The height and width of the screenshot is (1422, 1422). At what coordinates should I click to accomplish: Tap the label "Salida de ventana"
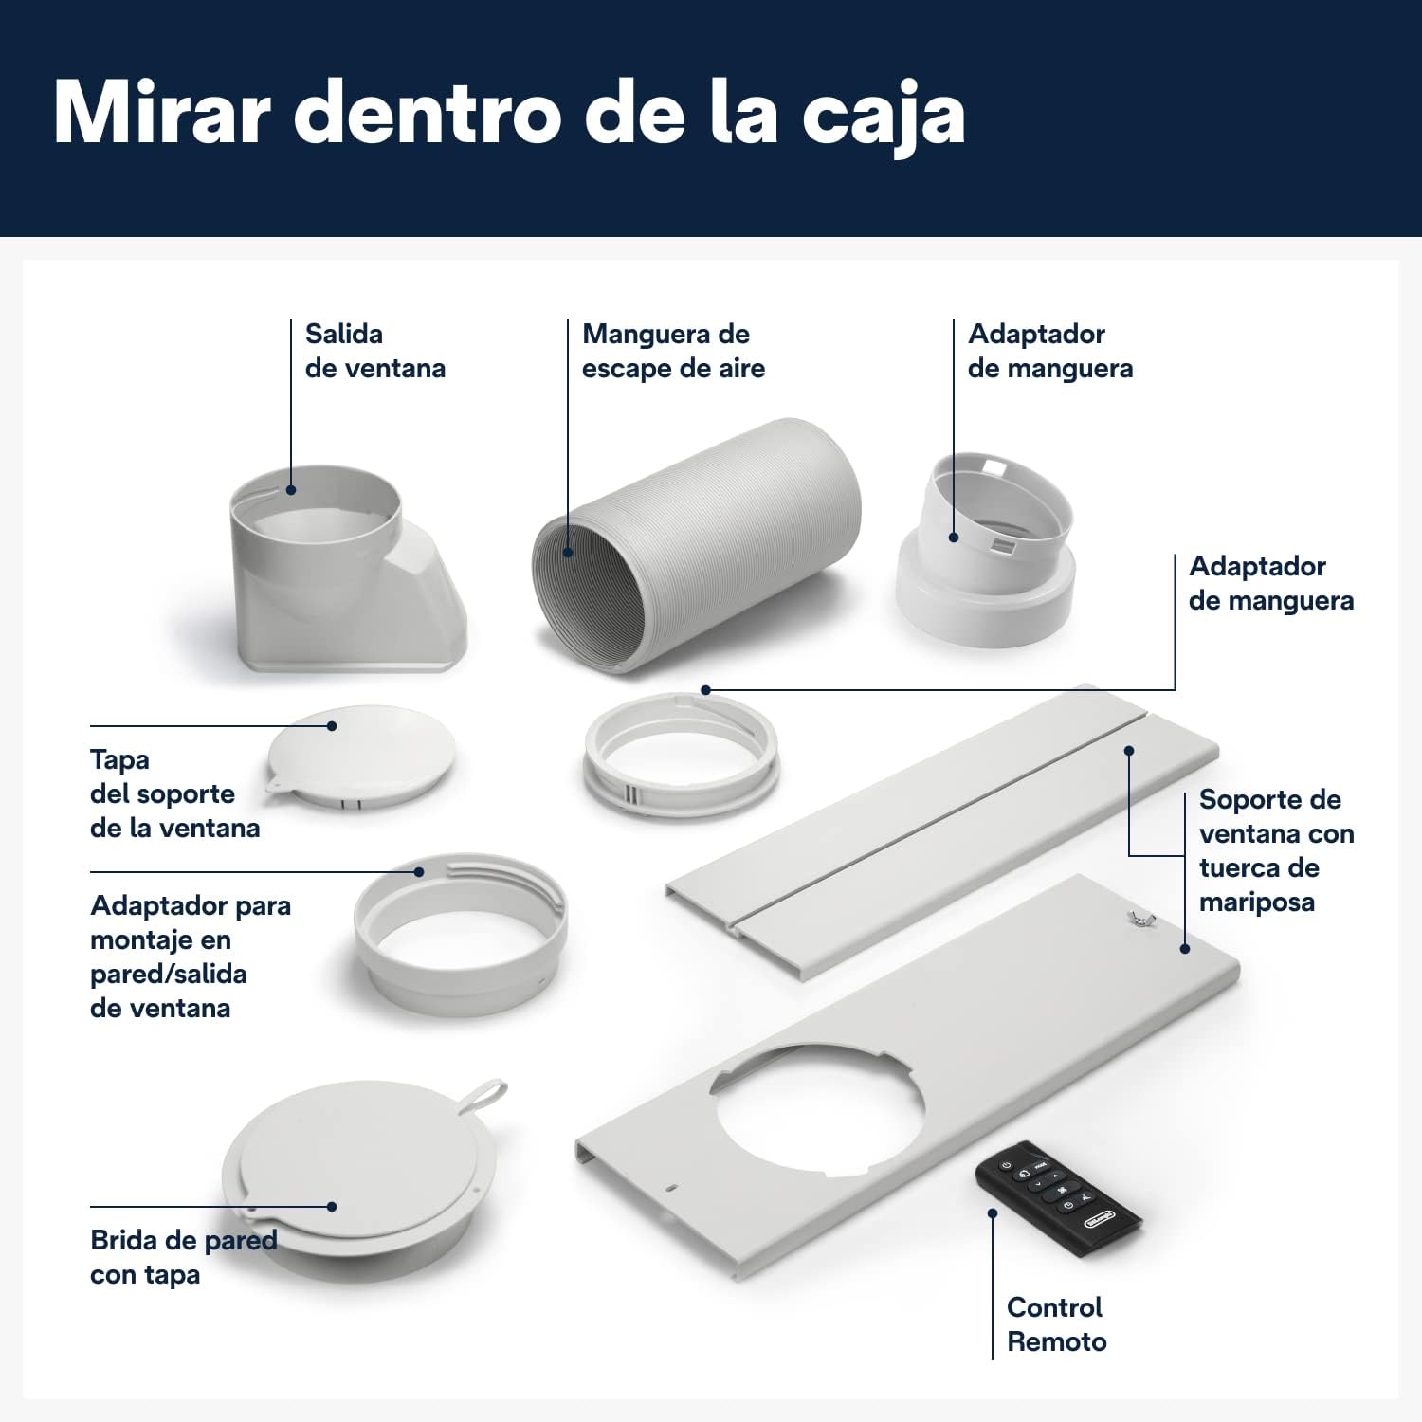(x=374, y=351)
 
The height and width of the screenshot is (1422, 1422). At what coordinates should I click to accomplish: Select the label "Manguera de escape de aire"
(x=673, y=351)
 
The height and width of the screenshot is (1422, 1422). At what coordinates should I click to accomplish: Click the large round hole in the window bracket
(x=820, y=1109)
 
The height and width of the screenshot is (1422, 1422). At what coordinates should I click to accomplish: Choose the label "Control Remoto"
(x=1056, y=1324)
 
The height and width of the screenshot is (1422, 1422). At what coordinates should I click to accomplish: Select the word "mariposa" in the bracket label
(x=1256, y=902)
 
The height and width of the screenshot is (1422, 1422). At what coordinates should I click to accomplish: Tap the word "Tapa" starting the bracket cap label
(x=119, y=759)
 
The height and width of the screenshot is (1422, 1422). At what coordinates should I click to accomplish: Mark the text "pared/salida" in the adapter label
(x=168, y=974)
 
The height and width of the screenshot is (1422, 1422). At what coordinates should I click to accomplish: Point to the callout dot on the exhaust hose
(x=568, y=552)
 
